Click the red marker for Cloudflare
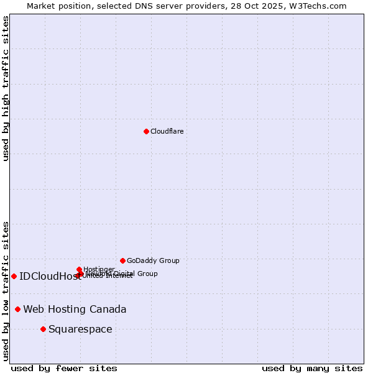(146, 131)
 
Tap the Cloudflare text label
(167, 131)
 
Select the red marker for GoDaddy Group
(122, 260)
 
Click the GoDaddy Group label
(153, 260)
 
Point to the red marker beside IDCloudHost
(14, 276)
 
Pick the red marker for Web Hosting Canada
(17, 309)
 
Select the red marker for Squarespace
(43, 329)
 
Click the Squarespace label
(80, 329)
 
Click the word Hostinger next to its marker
(99, 269)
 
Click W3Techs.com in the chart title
(320, 6)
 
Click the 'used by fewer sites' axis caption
(64, 368)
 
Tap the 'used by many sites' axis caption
(312, 368)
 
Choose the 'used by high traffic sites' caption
(6, 88)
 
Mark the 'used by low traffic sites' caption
(6, 291)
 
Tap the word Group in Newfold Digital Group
(148, 274)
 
